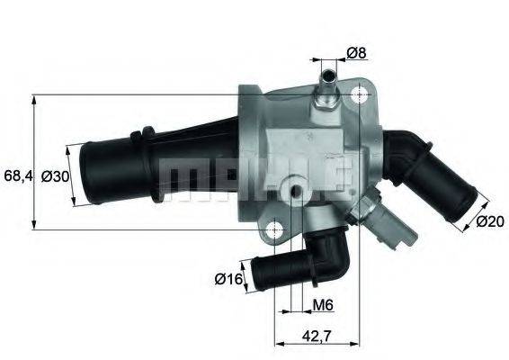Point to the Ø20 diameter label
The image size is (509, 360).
[489, 220]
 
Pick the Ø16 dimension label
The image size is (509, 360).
[229, 280]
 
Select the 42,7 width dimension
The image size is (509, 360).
[315, 339]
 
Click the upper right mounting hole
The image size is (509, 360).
[362, 94]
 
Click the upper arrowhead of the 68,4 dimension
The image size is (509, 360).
[34, 97]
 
